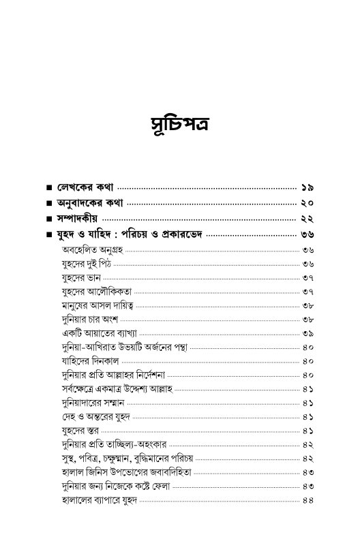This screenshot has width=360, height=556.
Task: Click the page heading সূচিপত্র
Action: (x=179, y=127)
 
